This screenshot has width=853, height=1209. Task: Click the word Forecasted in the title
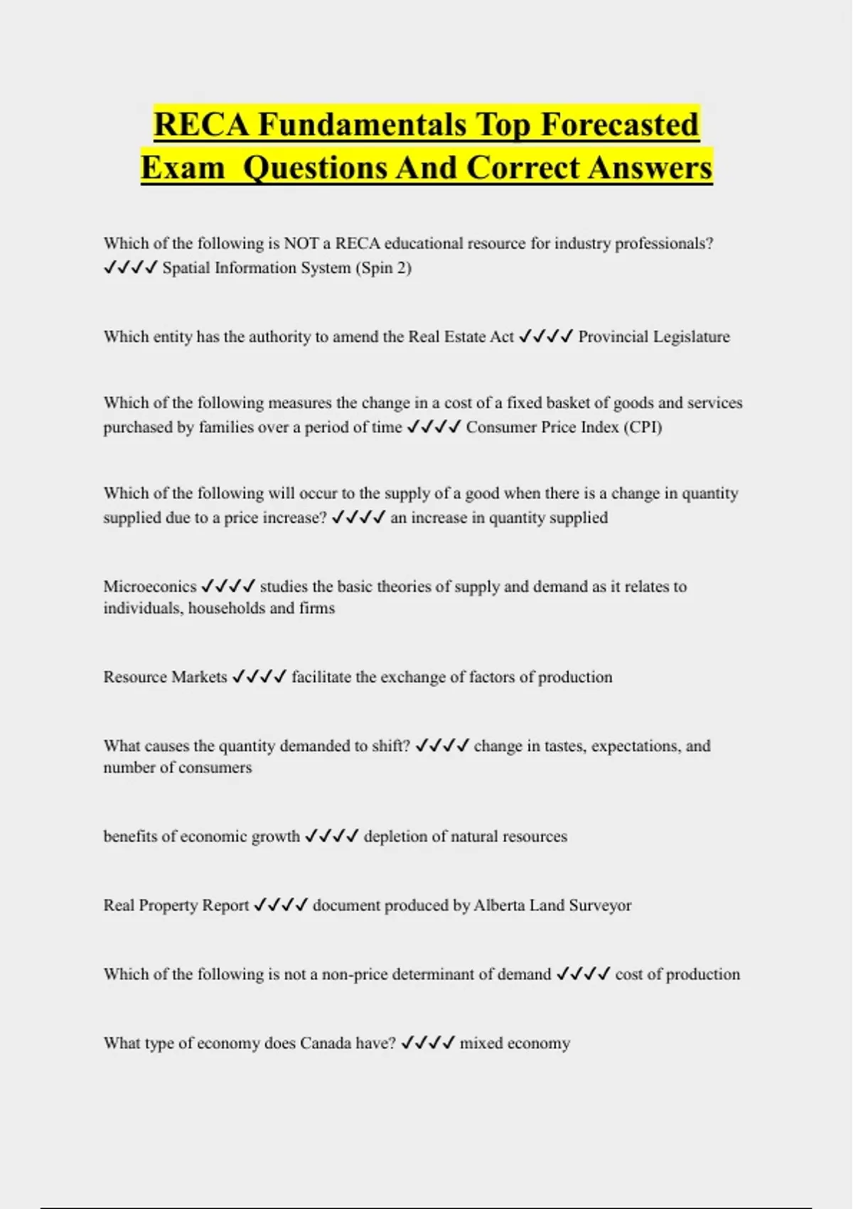pos(620,124)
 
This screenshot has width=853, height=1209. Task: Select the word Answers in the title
pos(650,168)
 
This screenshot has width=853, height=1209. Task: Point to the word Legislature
pos(690,336)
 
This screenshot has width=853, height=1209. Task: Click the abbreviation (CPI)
pos(643,427)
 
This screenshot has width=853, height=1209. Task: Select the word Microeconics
pos(149,587)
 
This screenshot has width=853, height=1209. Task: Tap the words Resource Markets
pos(165,677)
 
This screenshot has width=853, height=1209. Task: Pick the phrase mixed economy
pos(515,1043)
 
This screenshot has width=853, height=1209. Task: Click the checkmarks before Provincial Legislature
pos(545,336)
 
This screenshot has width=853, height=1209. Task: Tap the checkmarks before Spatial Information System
pos(129,268)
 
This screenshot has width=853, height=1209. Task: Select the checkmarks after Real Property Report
pos(281,905)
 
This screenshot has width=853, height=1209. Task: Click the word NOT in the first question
pos(300,244)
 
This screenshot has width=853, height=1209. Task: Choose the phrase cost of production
pos(677,974)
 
